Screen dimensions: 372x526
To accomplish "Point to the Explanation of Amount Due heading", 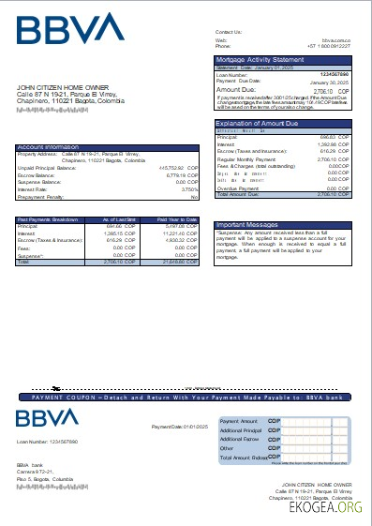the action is (x=258, y=124).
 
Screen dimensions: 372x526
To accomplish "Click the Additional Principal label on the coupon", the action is (x=241, y=429).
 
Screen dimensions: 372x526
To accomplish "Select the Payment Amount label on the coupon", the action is (x=238, y=421).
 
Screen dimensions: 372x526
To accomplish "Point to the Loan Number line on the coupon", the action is (x=47, y=441).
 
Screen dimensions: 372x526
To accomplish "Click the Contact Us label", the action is (x=229, y=32).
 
